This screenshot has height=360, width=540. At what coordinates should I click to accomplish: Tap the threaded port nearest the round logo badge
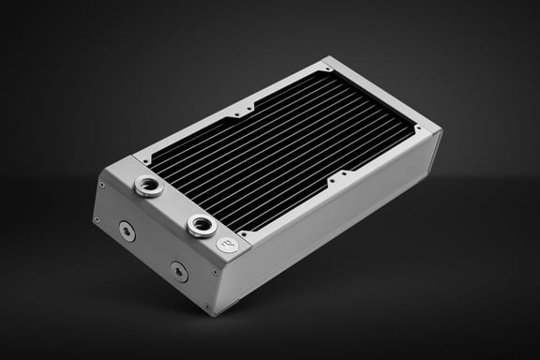coord(200,225)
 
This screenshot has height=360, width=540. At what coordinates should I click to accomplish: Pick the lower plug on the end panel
coord(178,272)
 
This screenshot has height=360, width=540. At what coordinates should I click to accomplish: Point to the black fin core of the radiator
coord(281,150)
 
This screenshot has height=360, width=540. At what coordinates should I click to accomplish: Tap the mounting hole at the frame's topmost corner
coord(324,69)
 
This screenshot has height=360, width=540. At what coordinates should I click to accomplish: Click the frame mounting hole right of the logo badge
coord(246,230)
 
